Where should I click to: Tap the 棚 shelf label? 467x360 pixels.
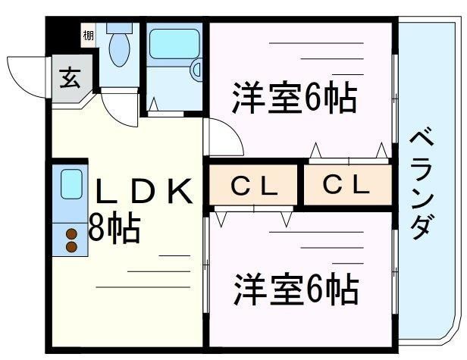pos(89,36)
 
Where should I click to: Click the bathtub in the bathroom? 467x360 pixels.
pos(175,45)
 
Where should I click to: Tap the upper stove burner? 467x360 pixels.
pos(72,234)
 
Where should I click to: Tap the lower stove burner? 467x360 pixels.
pos(72,246)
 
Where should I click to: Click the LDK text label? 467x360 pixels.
pos(143,191)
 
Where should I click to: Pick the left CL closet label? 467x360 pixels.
pos(255,185)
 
